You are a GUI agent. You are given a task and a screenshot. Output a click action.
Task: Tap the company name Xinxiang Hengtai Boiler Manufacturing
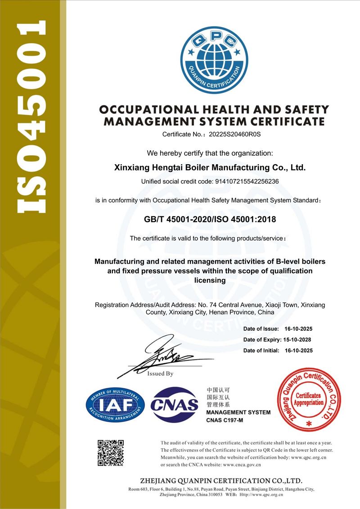coord(211,168)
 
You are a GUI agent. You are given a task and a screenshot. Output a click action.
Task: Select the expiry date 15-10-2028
coord(297,340)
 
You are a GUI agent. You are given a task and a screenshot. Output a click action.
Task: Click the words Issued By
coord(160,374)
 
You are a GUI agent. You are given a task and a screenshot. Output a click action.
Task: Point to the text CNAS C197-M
coord(225,420)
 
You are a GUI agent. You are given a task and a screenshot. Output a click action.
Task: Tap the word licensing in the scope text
coord(210,280)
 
